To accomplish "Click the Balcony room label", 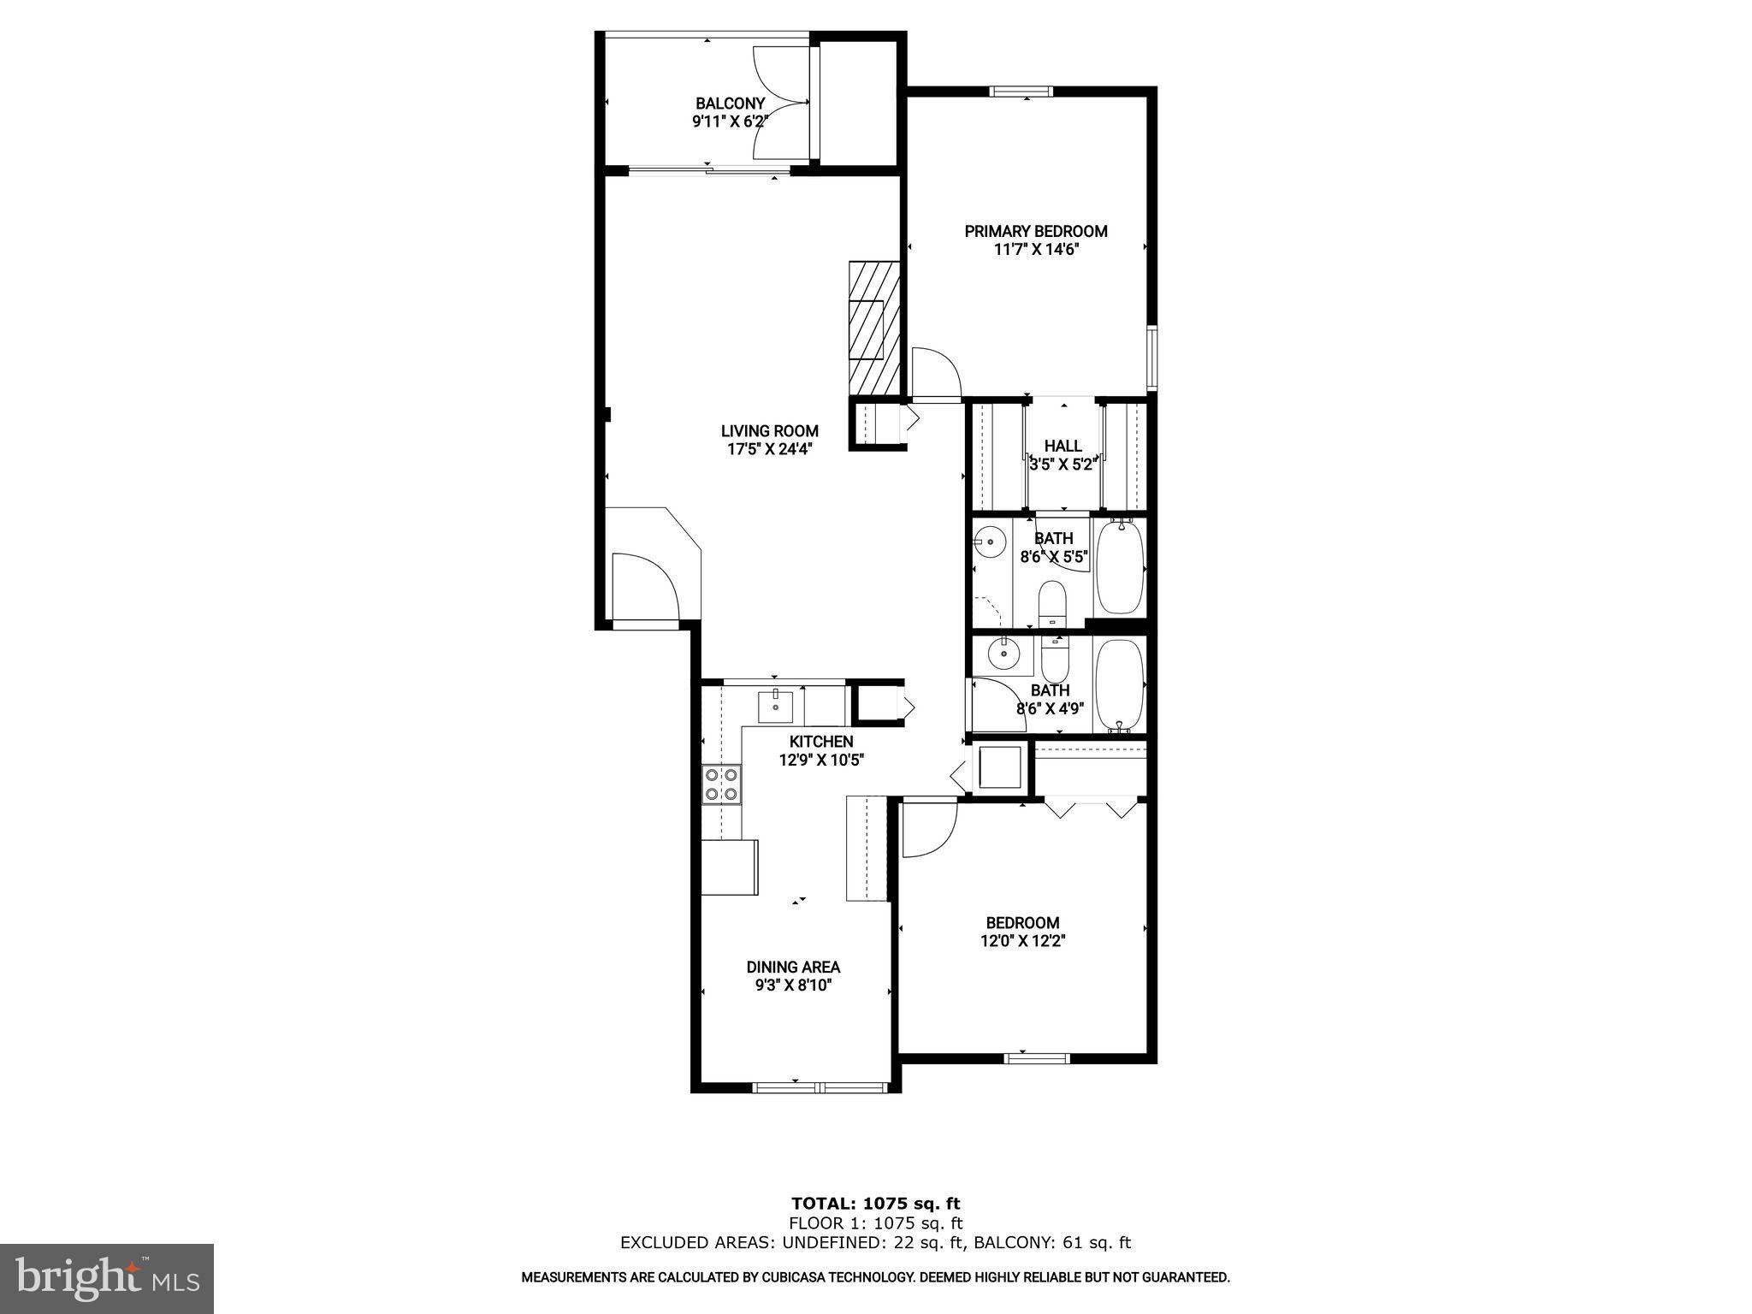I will coord(730,104).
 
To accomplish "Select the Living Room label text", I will coord(769,431).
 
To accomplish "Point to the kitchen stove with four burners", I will coord(721,785).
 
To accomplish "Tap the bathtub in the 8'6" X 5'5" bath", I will coord(1120,567).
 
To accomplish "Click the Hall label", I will coord(1062,446).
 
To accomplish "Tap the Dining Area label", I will coord(793,967).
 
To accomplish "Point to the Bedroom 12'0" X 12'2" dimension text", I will coord(1022,941).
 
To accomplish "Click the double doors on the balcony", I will coord(781,103).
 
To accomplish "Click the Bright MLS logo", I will coord(107,1278).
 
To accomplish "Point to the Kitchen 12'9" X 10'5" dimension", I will coord(821,760).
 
